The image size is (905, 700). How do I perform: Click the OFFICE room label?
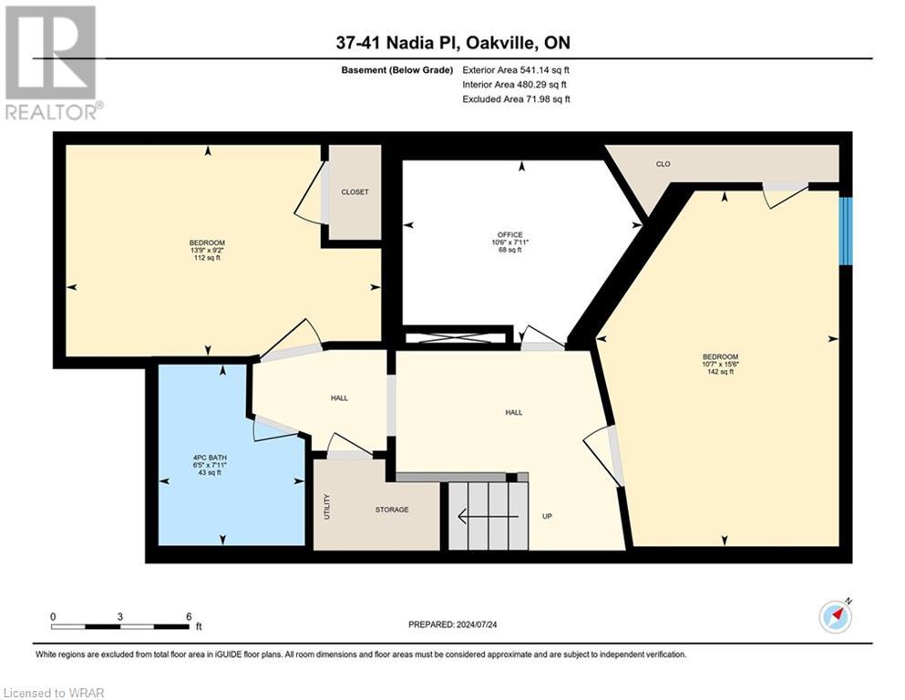pos(509,234)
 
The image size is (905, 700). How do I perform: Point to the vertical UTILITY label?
pos(327,507)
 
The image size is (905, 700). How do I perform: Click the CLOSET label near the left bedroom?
pos(355,192)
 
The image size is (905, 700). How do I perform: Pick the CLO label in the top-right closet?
pos(663,164)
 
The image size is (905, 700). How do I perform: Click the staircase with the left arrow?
pos(488,516)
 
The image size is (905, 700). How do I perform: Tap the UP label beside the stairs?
pos(548,517)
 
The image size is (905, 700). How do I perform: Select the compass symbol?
pos(836,616)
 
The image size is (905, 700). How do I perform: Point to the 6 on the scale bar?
pos(188,616)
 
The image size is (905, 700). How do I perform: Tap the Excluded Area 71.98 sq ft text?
pos(516,98)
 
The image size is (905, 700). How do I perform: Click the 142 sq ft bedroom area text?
pos(720,372)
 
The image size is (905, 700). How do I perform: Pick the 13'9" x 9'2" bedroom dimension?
pos(207,250)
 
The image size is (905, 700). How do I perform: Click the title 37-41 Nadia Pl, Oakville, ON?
pos(452,43)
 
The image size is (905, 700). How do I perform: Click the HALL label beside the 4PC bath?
pos(340,397)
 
